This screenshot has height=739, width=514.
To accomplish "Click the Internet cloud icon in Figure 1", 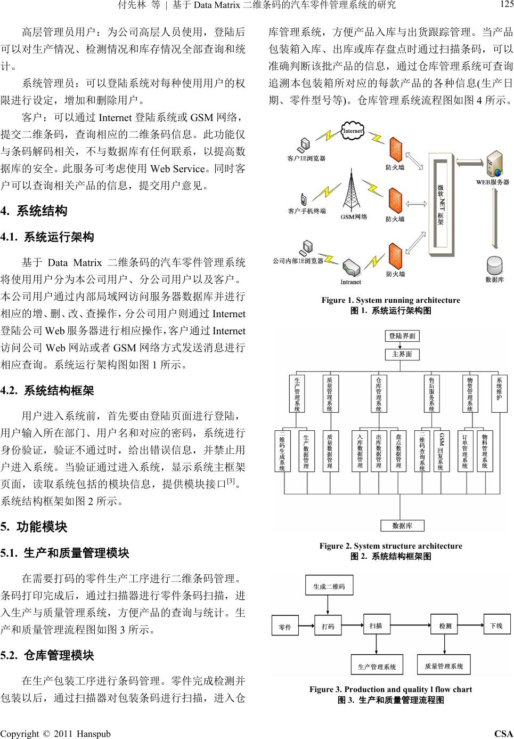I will (x=353, y=131).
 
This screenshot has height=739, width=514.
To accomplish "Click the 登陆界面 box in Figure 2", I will (x=402, y=336).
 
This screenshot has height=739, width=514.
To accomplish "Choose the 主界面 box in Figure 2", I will (x=402, y=355).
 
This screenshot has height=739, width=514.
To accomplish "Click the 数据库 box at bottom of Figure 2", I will (x=402, y=526).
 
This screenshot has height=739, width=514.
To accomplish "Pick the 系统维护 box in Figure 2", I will (x=499, y=393).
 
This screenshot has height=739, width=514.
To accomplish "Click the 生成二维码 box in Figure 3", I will (x=329, y=587).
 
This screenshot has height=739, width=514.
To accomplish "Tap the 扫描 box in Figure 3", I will (x=376, y=625).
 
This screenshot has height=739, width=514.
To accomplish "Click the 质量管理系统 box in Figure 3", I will (x=444, y=665).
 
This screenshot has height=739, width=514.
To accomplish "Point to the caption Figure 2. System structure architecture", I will (x=390, y=546).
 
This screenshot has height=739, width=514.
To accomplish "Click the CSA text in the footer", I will (x=503, y=734).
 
